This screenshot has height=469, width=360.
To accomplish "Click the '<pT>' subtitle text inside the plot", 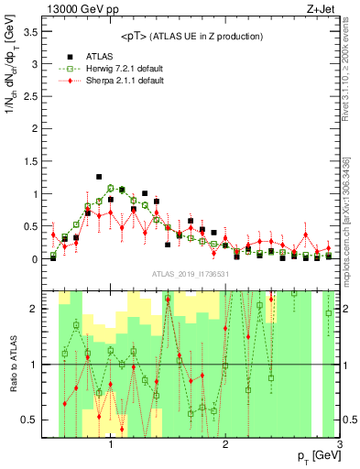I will pos(193,36).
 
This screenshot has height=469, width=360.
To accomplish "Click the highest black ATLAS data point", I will pos(99,177).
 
